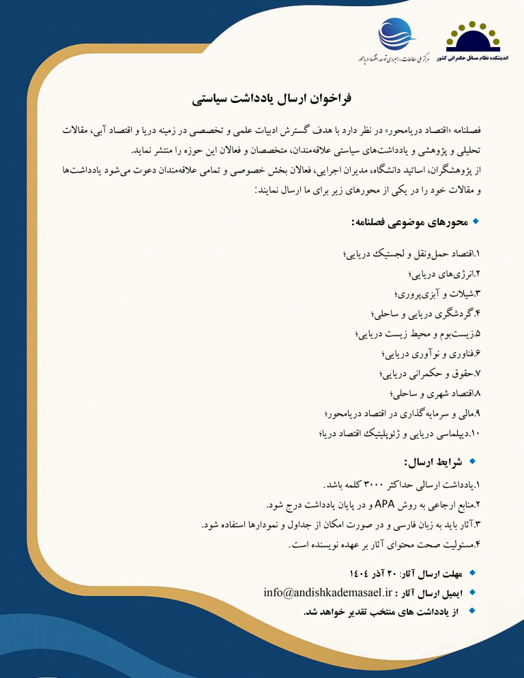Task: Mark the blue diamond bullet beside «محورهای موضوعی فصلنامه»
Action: pos(476,222)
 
